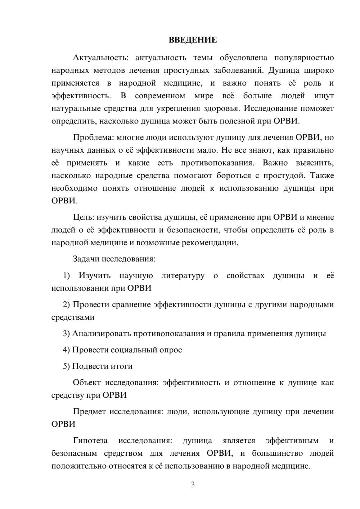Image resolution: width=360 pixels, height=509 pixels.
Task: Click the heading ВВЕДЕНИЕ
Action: point(193,40)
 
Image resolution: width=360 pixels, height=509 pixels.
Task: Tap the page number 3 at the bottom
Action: point(193,485)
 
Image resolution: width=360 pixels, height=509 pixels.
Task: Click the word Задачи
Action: point(86,259)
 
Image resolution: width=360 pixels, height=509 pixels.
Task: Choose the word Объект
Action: point(87,383)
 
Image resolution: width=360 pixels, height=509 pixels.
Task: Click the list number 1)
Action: point(66,276)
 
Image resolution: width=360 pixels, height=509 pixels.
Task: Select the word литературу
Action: point(183,276)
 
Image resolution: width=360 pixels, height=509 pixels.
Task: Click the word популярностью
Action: point(304,58)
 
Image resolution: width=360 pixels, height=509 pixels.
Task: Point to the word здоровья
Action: point(221,108)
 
